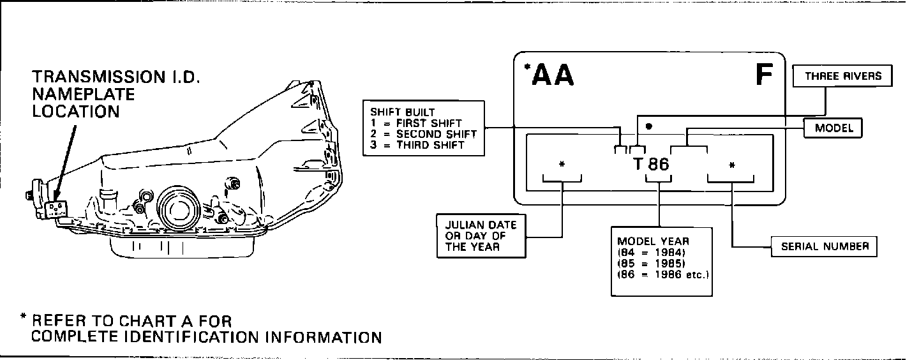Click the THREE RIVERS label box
(842, 76)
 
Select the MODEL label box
(833, 128)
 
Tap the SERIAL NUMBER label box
(825, 246)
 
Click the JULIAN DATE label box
(481, 236)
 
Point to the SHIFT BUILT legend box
(422, 128)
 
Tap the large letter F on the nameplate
(764, 76)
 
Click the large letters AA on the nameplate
(553, 76)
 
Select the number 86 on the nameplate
(658, 164)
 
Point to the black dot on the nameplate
(648, 126)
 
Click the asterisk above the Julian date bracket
(562, 165)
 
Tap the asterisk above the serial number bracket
(732, 165)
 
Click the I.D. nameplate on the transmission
(56, 208)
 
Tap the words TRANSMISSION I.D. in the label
(117, 78)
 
